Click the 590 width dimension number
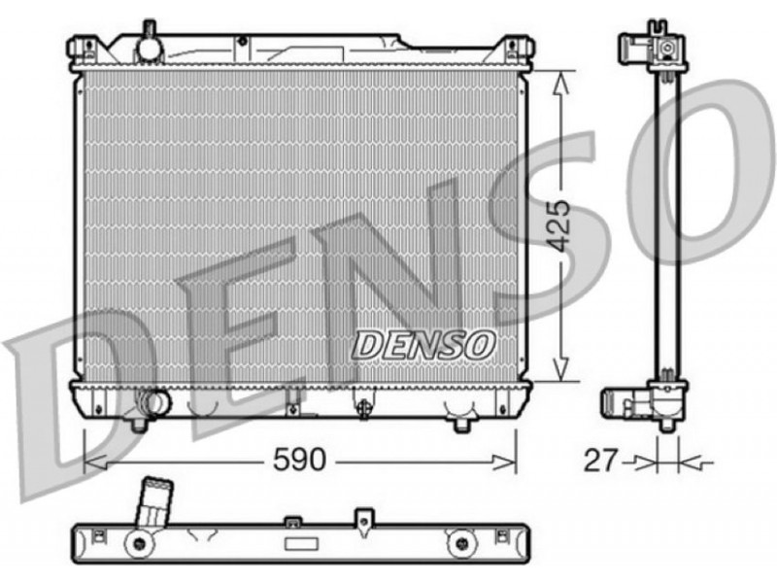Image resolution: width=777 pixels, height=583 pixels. (300, 460)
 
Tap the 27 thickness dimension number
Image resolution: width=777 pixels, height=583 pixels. (601, 461)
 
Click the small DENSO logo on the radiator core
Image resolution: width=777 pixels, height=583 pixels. (423, 345)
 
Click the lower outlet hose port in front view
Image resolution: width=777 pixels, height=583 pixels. (153, 401)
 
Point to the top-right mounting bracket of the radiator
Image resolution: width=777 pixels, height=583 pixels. (517, 48)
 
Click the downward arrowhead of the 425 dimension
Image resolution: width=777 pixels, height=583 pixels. (560, 369)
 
